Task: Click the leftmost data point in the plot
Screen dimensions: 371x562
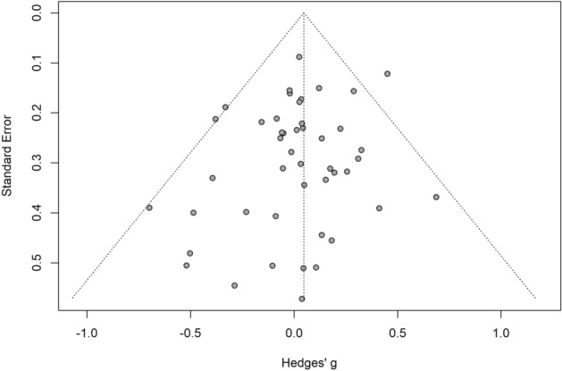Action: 149,207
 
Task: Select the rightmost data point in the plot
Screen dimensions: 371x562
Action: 436,197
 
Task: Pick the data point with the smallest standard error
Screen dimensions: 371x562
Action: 299,56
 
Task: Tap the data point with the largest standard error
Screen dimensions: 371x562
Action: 302,299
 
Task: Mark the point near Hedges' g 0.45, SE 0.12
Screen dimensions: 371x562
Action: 387,73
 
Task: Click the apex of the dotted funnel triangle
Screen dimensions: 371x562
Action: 304,13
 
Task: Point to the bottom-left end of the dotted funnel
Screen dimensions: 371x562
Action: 71,299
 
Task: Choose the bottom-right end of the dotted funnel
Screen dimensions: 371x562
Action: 536,299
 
